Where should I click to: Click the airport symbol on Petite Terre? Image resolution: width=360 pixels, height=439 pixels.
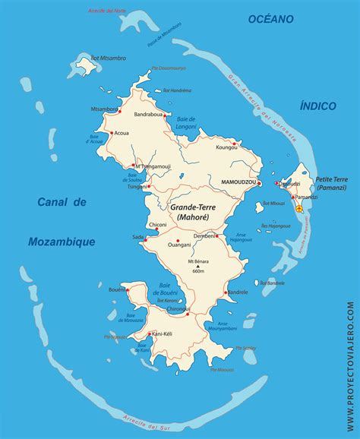[x=298, y=207]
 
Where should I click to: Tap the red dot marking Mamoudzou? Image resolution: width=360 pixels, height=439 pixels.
[x=259, y=183]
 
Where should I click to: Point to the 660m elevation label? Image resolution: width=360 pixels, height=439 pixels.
[x=198, y=271]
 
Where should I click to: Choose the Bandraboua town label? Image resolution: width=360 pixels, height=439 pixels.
[x=149, y=115]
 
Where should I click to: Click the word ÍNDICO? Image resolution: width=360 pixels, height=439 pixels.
[x=318, y=108]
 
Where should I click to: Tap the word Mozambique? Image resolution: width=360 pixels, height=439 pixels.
[x=61, y=242]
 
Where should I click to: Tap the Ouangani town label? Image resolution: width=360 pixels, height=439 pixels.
[x=179, y=245]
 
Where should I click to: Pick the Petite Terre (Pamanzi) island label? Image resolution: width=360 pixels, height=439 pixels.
[x=331, y=182]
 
